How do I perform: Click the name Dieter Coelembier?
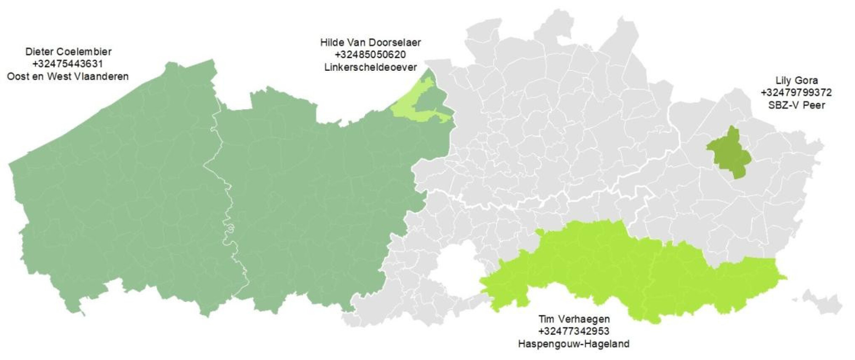click(68, 52)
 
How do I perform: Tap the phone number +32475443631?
click(67, 64)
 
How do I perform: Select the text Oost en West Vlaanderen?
click(68, 77)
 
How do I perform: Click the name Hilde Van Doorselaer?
click(370, 43)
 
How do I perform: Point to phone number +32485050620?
click(370, 55)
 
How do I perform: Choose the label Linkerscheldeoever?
click(370, 67)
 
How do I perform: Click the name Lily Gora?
click(796, 80)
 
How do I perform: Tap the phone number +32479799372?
click(796, 93)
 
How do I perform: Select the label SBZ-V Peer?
click(796, 105)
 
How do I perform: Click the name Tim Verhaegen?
click(574, 319)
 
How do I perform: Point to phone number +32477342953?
click(574, 331)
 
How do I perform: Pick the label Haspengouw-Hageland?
click(574, 344)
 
